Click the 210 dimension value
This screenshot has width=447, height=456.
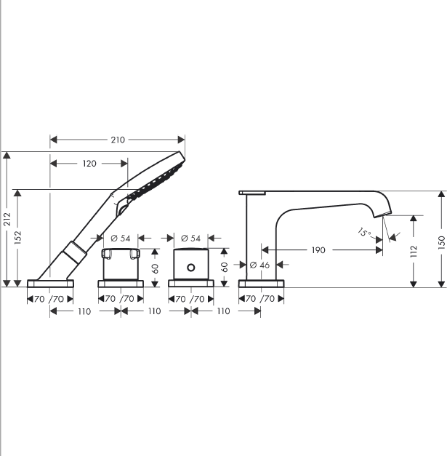point(118,140)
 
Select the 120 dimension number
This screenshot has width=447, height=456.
point(89,164)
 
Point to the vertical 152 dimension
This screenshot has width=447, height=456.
point(17,237)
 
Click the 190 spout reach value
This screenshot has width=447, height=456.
point(318,250)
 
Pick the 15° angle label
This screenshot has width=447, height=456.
point(364,232)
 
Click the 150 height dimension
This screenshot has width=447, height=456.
point(441,242)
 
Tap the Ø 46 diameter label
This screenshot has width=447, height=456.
point(259,265)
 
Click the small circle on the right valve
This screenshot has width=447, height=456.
point(191,267)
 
